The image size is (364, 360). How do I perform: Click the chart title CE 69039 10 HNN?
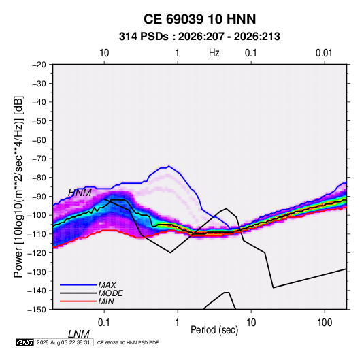tap(199, 19)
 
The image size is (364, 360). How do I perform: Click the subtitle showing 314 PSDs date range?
tap(199, 37)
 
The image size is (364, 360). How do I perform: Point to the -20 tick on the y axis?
tap(39, 65)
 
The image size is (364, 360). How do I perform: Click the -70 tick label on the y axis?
tap(39, 159)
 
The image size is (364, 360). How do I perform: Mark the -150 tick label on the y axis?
tap(37, 310)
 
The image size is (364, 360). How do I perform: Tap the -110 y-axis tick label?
tap(37, 234)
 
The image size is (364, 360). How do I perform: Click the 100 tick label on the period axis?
tap(325, 323)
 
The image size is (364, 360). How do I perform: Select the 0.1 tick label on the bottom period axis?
tap(104, 323)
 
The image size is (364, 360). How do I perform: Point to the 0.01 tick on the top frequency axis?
tap(324, 53)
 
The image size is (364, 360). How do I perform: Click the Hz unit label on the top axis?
tap(214, 53)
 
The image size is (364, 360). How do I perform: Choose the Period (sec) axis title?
tap(214, 330)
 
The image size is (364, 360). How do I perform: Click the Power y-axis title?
tap(18, 186)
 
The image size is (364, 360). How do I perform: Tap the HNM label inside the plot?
tap(80, 193)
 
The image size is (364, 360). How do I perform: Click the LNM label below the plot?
tap(79, 334)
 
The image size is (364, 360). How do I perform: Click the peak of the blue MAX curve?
tap(169, 166)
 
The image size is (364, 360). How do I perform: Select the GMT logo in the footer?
tap(25, 342)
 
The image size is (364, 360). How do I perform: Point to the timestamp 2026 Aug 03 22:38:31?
tap(63, 342)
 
